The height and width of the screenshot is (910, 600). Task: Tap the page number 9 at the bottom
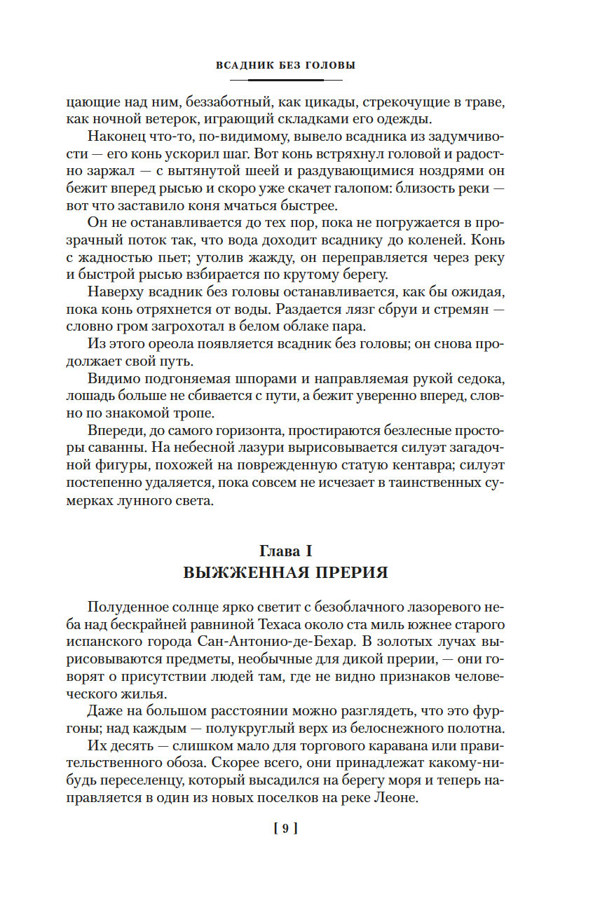click(x=285, y=829)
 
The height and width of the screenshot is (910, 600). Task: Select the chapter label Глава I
click(x=285, y=551)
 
